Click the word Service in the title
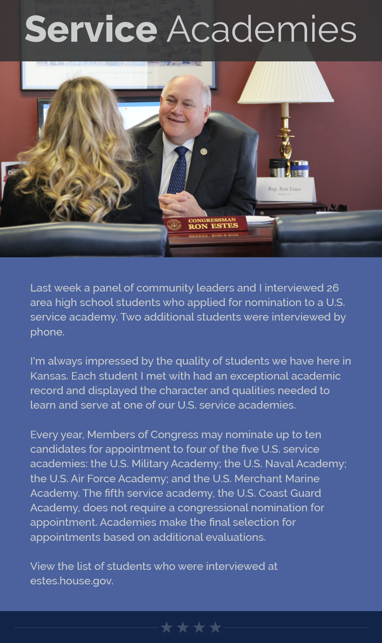[91, 30]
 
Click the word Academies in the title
[261, 30]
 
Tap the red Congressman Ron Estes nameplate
[205, 224]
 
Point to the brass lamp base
[285, 141]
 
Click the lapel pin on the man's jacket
[203, 151]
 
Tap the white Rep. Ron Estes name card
[286, 189]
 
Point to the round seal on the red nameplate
[174, 224]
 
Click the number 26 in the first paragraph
[332, 288]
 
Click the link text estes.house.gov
[72, 581]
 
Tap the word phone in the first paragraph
[46, 332]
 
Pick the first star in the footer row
[167, 627]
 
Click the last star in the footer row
[215, 627]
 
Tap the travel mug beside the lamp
[278, 168]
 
